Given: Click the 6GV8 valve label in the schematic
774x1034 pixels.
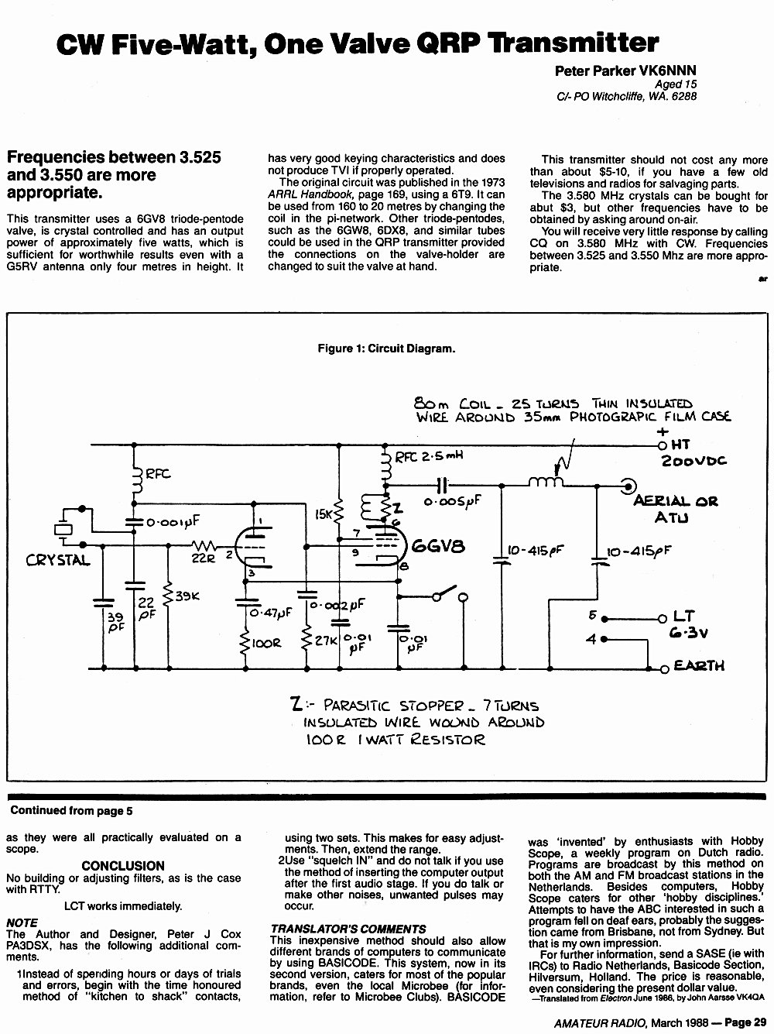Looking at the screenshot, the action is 438,546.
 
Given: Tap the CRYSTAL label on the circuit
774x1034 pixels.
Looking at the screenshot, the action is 58,560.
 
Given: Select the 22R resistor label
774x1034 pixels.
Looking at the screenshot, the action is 204,558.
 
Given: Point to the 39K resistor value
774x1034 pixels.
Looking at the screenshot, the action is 187,596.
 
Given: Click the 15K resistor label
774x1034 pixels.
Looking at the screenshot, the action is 324,514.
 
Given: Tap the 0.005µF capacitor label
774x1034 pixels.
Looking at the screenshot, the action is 453,501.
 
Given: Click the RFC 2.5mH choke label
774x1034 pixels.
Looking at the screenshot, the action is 429,456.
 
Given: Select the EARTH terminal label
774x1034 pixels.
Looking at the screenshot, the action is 699,665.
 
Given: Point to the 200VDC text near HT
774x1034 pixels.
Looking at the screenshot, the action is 694,460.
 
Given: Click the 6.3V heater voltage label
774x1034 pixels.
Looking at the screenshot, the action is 689,632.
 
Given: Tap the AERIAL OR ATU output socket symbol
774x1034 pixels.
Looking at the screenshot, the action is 628,486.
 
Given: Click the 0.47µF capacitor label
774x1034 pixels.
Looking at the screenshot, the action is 271,613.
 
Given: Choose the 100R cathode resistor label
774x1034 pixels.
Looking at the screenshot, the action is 266,643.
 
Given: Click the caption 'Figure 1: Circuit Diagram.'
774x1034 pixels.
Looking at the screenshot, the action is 386,349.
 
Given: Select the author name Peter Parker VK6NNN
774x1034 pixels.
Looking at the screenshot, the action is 625,70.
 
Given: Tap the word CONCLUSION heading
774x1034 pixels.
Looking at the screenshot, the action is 123,866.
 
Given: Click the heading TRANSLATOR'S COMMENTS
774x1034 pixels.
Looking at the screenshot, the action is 348,929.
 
